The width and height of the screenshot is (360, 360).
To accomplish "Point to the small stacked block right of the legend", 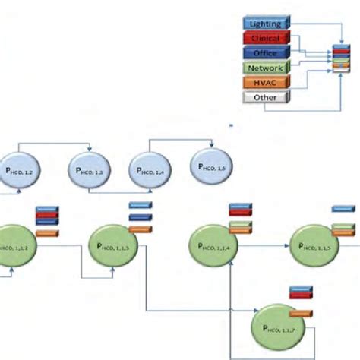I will pyautogui.click(x=342, y=60).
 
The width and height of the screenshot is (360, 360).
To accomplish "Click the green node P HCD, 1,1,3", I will pyautogui.click(x=112, y=246).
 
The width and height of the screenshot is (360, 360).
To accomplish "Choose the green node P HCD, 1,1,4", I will pyautogui.click(x=213, y=246).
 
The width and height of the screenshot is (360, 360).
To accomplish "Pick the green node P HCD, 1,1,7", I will pyautogui.click(x=277, y=327).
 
